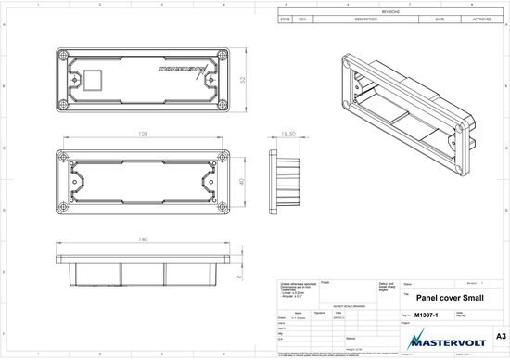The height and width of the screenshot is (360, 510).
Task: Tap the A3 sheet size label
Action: click(x=501, y=332)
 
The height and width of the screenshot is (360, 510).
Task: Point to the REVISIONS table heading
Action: click(x=390, y=10)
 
